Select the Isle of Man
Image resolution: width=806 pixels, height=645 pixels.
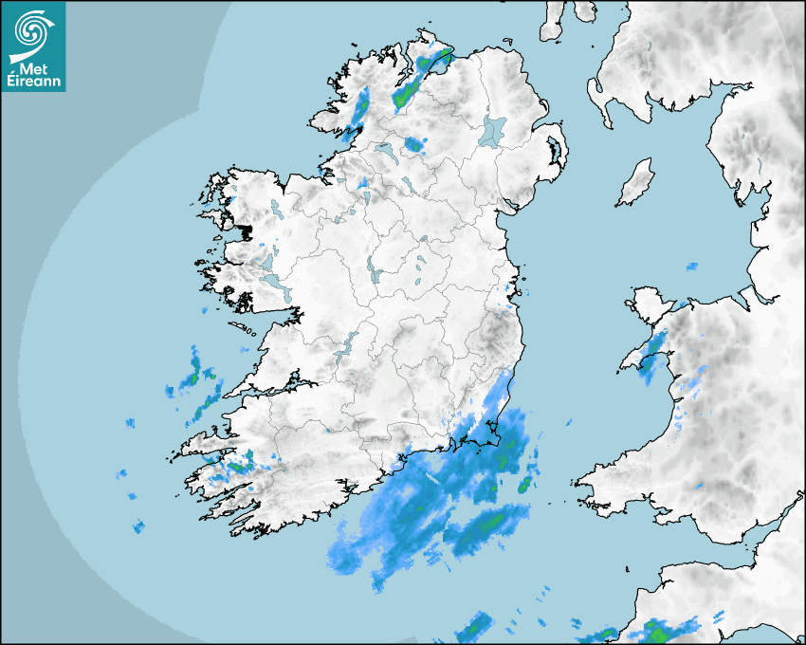coord(636,183)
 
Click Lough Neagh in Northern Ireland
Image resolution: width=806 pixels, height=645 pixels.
coord(493,130)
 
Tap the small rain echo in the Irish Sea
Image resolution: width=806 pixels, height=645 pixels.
coord(691,267)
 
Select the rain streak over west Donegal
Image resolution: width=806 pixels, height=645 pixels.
coord(359,109)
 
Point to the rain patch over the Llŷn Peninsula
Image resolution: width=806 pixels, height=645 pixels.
coord(652,355)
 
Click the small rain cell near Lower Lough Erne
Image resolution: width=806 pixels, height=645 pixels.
coord(413,144)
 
